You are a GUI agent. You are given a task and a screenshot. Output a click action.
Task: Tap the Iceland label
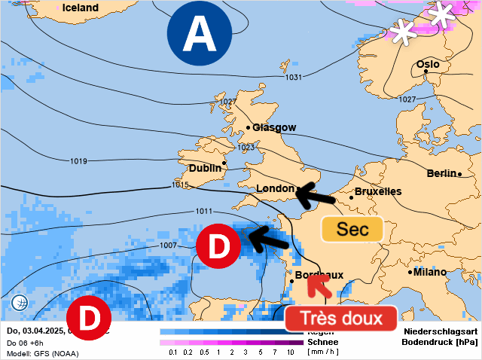click(x=81, y=8)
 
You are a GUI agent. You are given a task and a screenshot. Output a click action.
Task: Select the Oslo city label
click(x=428, y=65)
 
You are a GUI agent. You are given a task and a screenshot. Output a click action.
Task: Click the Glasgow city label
click(x=274, y=127)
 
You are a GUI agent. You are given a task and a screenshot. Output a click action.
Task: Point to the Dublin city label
click(x=205, y=168)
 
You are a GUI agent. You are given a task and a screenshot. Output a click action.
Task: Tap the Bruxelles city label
click(x=377, y=191)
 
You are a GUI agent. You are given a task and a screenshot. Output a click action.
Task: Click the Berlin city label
click(x=441, y=173)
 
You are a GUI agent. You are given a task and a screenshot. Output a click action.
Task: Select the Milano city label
click(x=430, y=272)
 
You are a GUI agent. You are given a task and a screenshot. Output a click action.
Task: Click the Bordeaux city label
click(x=319, y=276)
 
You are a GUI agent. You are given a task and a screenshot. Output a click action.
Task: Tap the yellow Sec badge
click(x=352, y=230)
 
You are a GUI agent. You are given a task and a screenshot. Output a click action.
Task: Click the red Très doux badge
click(x=341, y=318)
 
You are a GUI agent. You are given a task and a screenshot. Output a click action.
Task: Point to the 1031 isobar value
click(x=294, y=78)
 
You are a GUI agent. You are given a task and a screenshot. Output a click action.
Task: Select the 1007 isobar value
click(x=168, y=245)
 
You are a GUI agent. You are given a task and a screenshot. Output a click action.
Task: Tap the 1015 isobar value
click(x=180, y=185)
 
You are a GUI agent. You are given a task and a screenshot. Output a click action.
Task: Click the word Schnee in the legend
click(x=323, y=341)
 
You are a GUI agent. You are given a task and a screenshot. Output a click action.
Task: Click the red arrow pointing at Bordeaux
click(x=320, y=287)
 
